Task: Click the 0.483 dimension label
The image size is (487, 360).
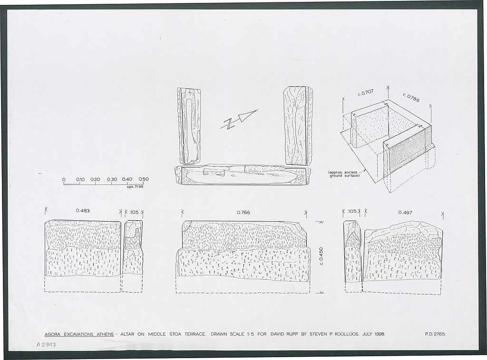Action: pos(83,211)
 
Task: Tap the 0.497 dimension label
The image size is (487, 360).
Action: pos(405,213)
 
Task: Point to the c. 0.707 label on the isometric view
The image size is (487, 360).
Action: pos(366,93)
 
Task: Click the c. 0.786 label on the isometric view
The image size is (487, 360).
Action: pos(411,97)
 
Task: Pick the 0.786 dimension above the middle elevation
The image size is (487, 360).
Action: pos(243,213)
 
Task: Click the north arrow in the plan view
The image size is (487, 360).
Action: pos(239,119)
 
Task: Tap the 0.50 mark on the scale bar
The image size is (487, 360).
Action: pos(144,179)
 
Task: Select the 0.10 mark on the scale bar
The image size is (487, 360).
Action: pos(80,179)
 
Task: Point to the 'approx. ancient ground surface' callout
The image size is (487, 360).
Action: pos(344,174)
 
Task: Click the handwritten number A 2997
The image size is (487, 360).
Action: pos(48,344)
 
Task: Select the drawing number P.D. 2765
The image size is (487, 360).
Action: pos(435,334)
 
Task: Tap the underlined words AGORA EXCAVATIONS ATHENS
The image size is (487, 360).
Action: pos(79,334)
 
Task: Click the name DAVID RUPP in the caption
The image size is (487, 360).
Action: pos(282,334)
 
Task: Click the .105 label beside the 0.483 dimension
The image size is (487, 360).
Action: pos(134,213)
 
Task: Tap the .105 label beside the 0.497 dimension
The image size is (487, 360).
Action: pos(351,211)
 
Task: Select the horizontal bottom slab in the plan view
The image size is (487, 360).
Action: pos(242,175)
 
